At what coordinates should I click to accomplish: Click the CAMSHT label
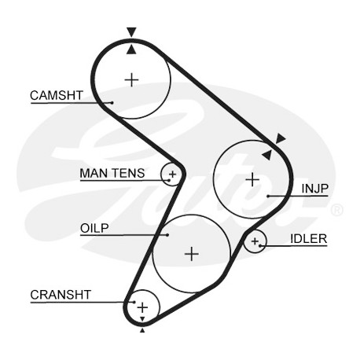coord(57,95)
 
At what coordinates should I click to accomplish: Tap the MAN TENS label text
coord(112,173)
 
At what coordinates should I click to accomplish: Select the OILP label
coord(94,228)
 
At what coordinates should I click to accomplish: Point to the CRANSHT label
coord(61,295)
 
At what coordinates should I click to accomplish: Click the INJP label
coord(314,189)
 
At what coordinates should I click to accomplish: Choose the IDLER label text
coord(308,239)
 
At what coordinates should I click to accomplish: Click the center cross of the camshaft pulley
coord(131,80)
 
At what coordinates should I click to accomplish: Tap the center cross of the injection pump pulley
coord(252,179)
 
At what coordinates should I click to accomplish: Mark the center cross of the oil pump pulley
coord(192,254)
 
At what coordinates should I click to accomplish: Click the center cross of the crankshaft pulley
coord(142,307)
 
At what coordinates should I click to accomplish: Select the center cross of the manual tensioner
coord(172,174)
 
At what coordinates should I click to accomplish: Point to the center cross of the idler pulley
coord(255,241)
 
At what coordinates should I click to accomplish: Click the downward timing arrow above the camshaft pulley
coord(131,31)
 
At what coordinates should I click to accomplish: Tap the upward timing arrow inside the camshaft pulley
coord(131,50)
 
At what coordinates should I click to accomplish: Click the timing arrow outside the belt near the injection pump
coord(281,138)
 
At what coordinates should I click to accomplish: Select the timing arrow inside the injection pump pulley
coord(266,155)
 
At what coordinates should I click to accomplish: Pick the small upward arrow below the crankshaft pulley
coord(142,330)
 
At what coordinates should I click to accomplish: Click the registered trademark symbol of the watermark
coord(336,210)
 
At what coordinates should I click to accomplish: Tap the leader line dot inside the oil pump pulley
coord(167,235)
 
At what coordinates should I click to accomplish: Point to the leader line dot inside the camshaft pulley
coord(112,102)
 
